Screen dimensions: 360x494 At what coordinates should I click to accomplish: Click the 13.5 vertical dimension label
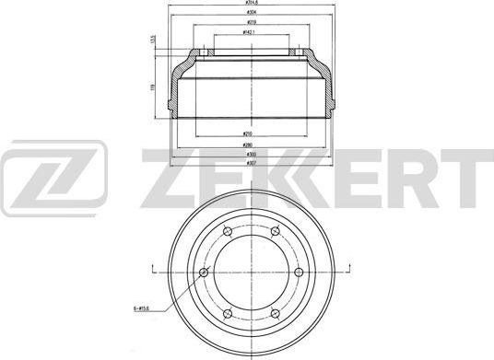[x=152, y=41]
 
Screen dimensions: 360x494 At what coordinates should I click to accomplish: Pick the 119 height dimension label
[x=152, y=88]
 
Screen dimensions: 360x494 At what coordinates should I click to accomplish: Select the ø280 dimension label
[x=249, y=145]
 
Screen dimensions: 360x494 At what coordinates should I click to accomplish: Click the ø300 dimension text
[x=249, y=155]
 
